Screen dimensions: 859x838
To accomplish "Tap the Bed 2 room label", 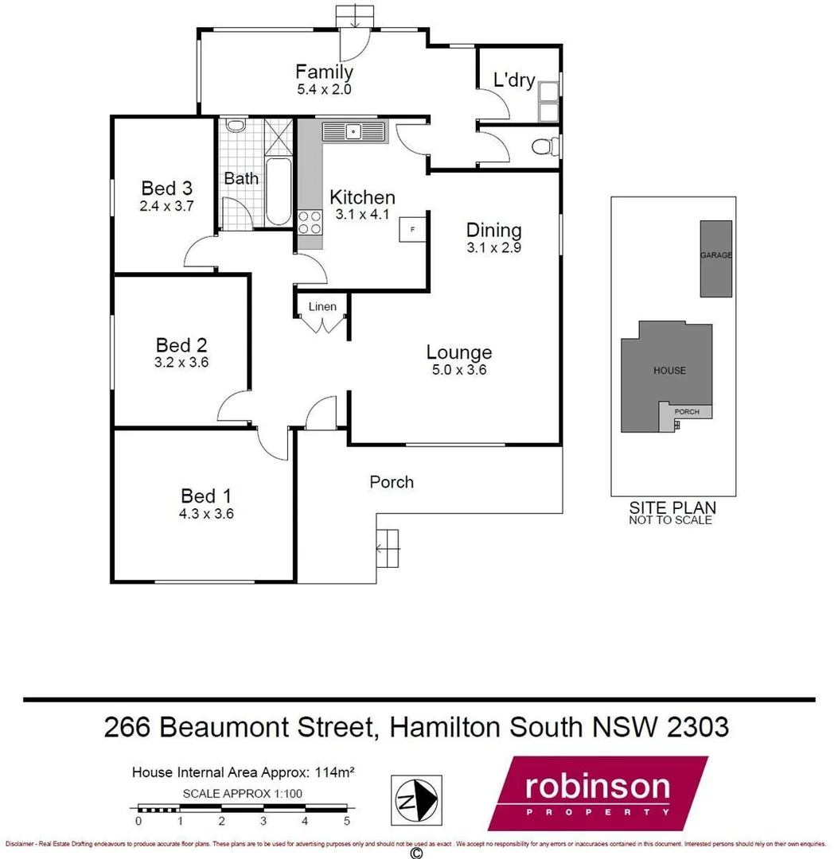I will pyautogui.click(x=181, y=345).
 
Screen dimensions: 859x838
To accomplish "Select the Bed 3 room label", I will pyautogui.click(x=167, y=189).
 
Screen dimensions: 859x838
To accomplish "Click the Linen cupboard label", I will pyautogui.click(x=323, y=307).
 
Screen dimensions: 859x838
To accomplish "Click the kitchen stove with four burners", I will pyautogui.click(x=310, y=222).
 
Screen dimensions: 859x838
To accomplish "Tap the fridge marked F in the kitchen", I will pyautogui.click(x=412, y=230).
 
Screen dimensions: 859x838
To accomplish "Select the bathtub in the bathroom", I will pyautogui.click(x=278, y=191).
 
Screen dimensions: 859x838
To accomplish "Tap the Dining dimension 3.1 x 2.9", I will pyautogui.click(x=494, y=247).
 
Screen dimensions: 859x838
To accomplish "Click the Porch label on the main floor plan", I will pyautogui.click(x=392, y=481).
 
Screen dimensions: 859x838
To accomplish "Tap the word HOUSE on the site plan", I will pyautogui.click(x=669, y=371).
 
